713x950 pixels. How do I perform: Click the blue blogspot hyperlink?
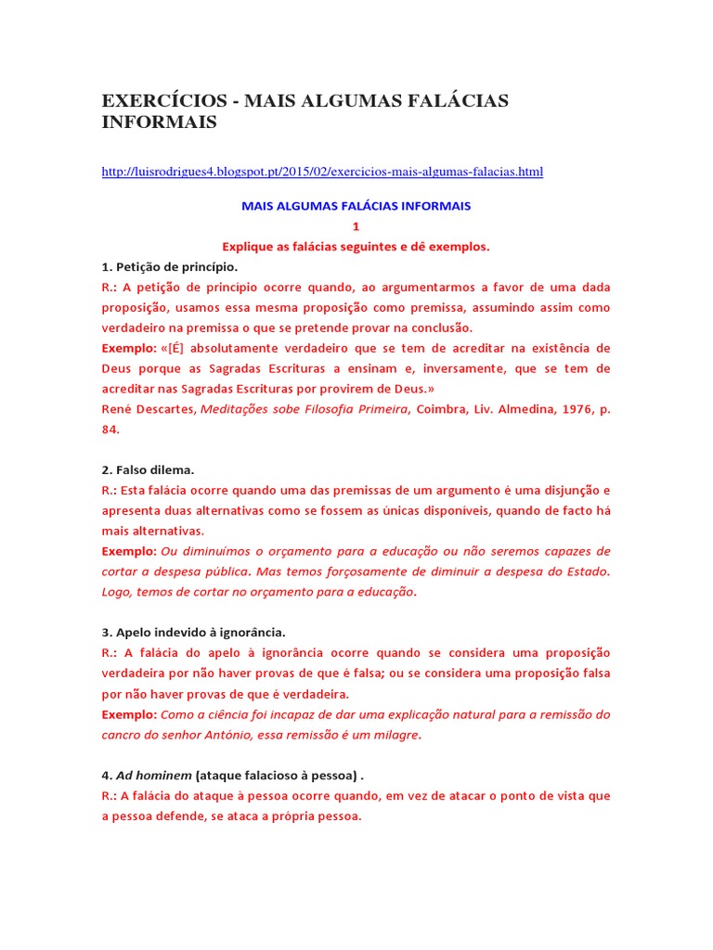tap(322, 172)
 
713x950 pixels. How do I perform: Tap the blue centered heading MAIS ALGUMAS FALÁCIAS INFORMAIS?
tap(356, 206)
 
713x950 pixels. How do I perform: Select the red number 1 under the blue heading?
tap(356, 226)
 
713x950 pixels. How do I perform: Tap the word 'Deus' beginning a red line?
tap(118, 368)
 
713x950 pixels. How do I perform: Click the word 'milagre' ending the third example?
tap(393, 736)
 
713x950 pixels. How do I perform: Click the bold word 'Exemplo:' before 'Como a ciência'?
tap(130, 715)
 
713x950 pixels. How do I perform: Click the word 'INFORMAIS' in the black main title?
tap(160, 122)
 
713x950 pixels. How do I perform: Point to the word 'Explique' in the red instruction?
tap(248, 247)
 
